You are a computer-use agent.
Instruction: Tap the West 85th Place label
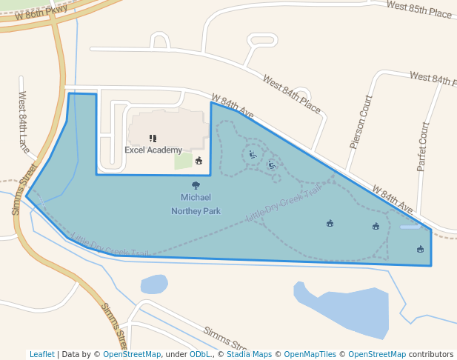point(418,10)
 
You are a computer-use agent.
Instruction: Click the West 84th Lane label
point(24,122)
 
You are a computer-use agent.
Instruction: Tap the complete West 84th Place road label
point(291,94)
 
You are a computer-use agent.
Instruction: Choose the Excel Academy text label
point(153,150)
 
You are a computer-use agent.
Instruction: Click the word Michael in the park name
point(196,197)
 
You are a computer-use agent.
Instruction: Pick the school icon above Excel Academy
point(153,138)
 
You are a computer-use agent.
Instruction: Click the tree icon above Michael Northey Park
point(196,185)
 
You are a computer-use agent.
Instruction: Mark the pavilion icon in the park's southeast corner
point(420,249)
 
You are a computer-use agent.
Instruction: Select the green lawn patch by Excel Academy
point(183,161)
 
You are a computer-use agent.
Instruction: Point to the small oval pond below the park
point(154,284)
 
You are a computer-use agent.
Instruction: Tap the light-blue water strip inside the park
point(410,227)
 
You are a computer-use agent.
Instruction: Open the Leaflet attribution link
point(41,354)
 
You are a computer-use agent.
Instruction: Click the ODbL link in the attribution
point(199,354)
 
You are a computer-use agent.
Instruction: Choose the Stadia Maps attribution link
point(249,354)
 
